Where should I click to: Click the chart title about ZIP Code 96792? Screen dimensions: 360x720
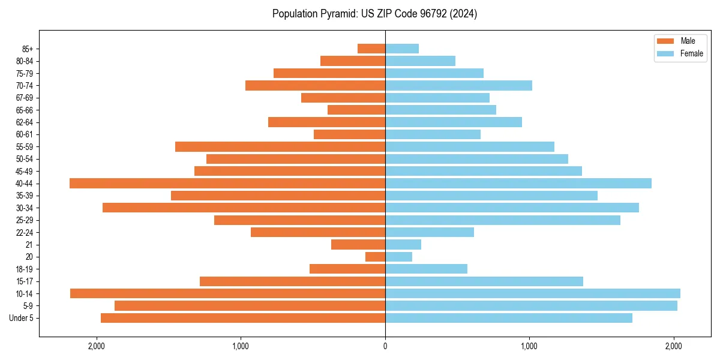(374, 14)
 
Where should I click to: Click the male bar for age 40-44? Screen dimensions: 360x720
(227, 183)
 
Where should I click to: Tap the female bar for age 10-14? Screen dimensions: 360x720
(533, 293)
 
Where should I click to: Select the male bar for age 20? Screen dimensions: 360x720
(375, 257)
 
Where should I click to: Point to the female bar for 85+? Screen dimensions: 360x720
(402, 49)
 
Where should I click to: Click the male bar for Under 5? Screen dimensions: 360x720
(243, 318)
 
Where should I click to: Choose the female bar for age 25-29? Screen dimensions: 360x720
(503, 220)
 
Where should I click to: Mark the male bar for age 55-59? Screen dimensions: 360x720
(280, 146)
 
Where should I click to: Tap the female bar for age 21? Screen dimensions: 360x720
(403, 244)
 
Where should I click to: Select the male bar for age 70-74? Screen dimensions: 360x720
(315, 85)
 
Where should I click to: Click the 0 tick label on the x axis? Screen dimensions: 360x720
(385, 346)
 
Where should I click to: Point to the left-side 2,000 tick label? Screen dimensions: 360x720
(97, 346)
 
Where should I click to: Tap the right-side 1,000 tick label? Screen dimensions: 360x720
(529, 346)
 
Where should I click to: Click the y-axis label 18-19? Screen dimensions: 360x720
(25, 269)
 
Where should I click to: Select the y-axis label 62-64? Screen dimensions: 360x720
(25, 122)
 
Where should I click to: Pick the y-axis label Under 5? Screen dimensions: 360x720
(22, 318)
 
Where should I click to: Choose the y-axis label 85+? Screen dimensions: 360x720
(28, 49)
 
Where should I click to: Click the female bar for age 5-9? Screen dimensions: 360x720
(531, 306)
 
